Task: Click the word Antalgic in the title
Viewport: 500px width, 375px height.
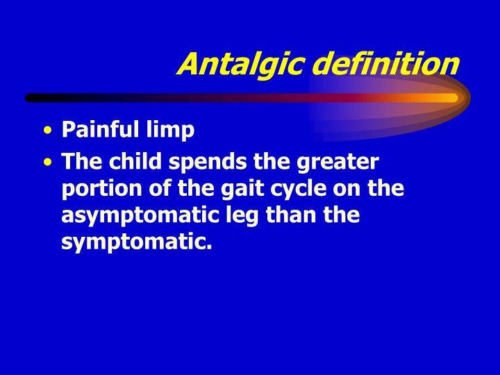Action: point(240,64)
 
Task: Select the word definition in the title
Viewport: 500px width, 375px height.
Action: point(385,64)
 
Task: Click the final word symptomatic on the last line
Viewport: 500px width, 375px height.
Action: point(136,243)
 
